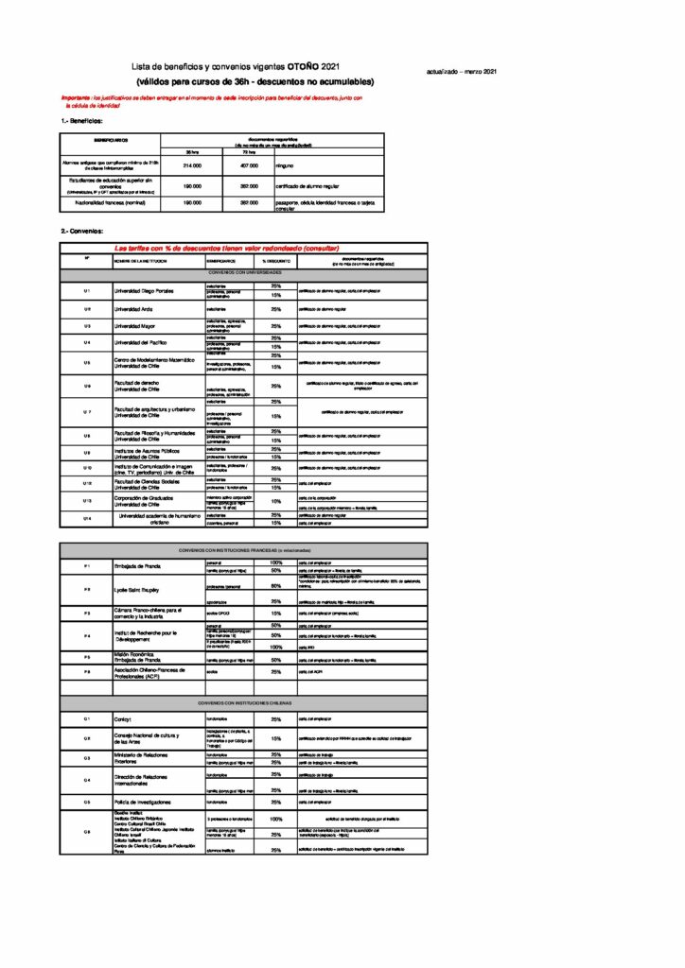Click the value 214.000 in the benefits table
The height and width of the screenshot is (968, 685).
(x=192, y=165)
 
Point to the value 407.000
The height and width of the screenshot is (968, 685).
(x=249, y=165)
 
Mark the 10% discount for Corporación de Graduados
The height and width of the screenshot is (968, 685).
(x=276, y=502)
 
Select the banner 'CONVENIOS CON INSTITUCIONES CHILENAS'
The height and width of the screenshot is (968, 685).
(x=244, y=703)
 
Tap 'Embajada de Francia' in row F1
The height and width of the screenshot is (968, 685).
(x=138, y=566)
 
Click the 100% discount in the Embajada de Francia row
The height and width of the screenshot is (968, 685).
(x=276, y=563)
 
